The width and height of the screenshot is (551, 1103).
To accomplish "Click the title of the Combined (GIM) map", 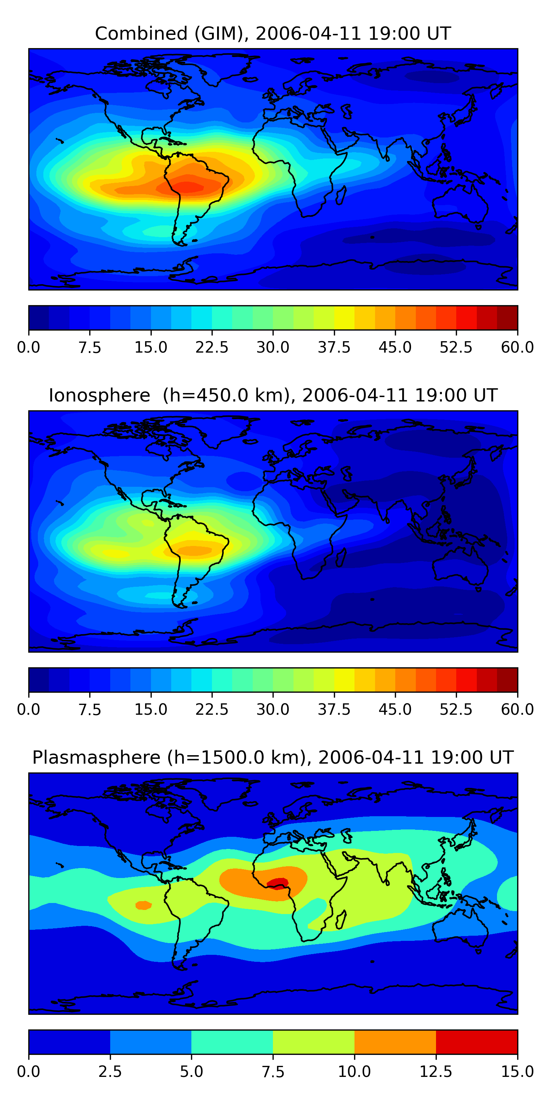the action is (x=273, y=33).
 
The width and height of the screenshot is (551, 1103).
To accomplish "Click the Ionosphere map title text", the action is (x=273, y=395).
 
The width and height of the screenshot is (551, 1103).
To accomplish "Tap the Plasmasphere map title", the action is (x=273, y=757).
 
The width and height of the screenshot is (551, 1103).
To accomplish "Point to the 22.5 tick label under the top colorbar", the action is (x=212, y=347).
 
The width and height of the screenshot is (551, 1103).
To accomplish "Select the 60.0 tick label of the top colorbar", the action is (x=518, y=347).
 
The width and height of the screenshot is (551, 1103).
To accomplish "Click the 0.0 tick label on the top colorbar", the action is (x=29, y=347).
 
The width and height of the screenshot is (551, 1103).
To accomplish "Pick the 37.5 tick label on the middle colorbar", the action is (x=334, y=710).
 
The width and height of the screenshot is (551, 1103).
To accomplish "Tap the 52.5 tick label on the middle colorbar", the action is (x=456, y=710).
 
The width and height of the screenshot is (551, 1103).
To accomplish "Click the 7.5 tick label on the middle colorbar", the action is (x=90, y=710).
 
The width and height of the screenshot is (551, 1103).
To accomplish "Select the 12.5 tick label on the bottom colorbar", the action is (x=436, y=1072).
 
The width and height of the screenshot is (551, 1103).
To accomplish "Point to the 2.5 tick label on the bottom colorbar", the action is (x=110, y=1072).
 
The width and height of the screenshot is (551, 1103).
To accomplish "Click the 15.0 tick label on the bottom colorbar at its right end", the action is (x=518, y=1072).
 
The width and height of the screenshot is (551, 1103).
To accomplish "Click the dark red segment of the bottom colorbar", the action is (x=476, y=1042).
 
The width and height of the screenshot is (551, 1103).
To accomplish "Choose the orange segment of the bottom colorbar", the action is (x=395, y=1042).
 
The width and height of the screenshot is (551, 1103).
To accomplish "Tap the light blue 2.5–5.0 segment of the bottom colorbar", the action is (x=151, y=1042).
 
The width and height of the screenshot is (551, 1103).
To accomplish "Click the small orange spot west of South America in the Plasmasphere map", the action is (x=143, y=905).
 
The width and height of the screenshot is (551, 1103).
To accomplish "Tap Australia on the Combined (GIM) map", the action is (x=460, y=203).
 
